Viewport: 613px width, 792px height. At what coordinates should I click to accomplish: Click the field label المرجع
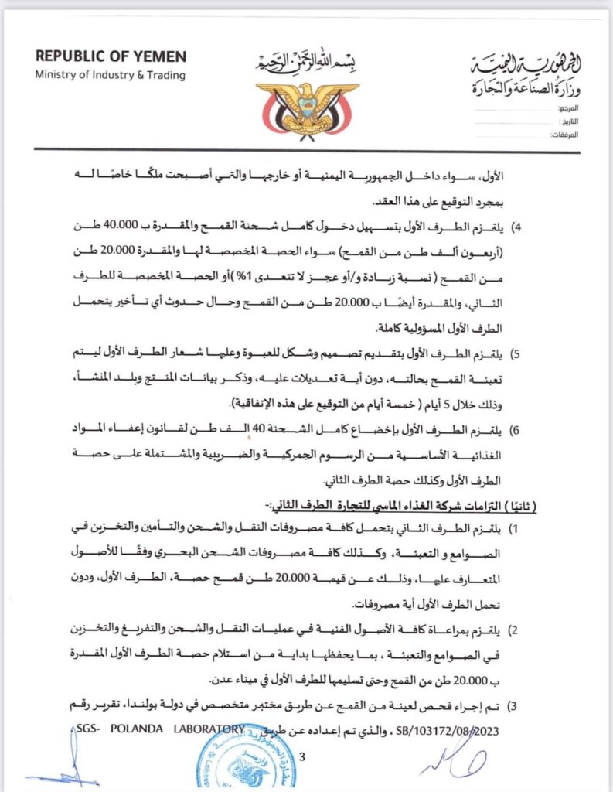click(567, 108)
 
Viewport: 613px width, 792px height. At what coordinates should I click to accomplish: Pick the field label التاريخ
click(568, 121)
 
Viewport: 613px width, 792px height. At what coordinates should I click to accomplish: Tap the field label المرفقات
click(565, 135)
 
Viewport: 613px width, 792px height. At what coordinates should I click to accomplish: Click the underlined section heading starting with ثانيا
click(402, 505)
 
